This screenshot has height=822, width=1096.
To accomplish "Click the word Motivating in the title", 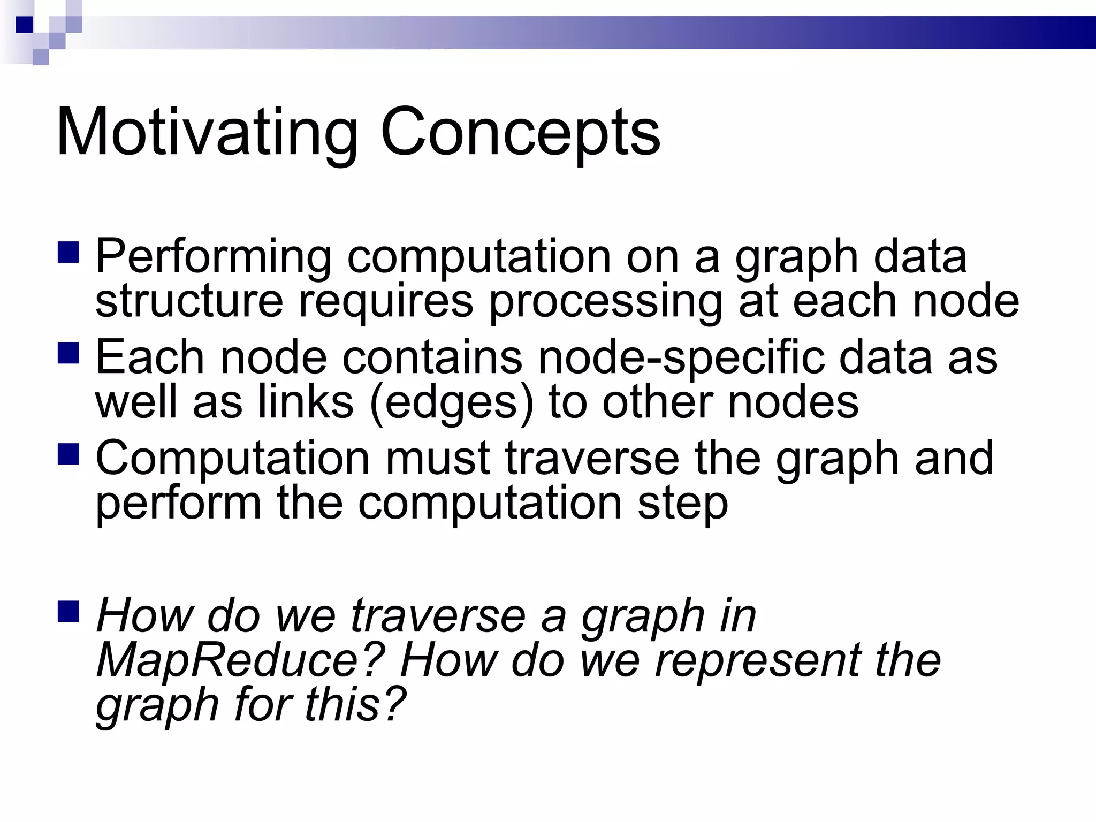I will [x=207, y=132].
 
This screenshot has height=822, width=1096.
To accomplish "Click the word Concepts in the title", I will [x=520, y=132].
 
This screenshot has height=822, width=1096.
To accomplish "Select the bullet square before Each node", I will [x=68, y=353].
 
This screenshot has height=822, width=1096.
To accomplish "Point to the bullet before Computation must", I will [x=68, y=454].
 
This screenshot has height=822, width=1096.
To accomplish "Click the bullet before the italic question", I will [x=68, y=611].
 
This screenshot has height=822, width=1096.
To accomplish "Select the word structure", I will [x=189, y=301].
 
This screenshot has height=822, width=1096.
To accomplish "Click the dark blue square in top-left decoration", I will [x=25, y=25].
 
